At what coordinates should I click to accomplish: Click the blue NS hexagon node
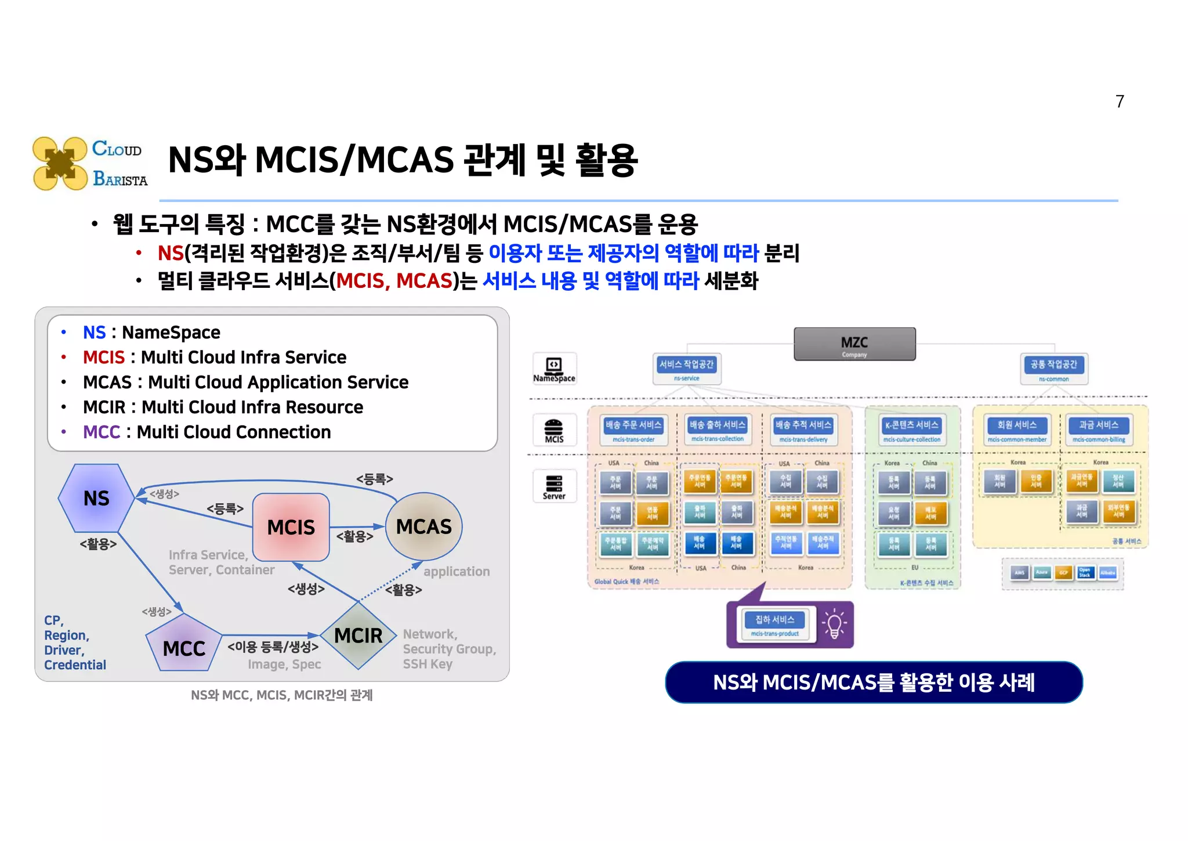click(x=96, y=498)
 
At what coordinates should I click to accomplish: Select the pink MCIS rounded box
click(x=291, y=527)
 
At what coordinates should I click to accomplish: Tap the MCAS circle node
click(x=423, y=526)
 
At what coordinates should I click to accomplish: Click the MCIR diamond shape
click(x=358, y=636)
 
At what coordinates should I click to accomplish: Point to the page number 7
click(x=1120, y=102)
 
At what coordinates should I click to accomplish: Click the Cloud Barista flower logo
click(x=60, y=164)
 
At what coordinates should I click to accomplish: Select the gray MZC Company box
click(x=854, y=344)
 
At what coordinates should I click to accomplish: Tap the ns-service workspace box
click(x=686, y=369)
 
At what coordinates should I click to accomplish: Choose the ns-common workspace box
click(x=1053, y=369)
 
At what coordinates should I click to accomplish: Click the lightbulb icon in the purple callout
click(x=834, y=624)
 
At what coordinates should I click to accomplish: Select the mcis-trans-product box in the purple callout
click(x=774, y=625)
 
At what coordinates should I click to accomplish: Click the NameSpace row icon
click(x=554, y=369)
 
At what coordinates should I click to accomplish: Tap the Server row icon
click(x=554, y=486)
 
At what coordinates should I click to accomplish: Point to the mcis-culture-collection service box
click(x=911, y=429)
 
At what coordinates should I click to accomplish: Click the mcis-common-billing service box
click(x=1098, y=429)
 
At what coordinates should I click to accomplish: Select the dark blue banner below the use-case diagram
click(x=873, y=682)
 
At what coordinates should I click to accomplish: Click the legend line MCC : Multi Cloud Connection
click(x=207, y=432)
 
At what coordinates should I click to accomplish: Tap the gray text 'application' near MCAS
click(x=457, y=571)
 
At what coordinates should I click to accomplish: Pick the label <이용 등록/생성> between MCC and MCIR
click(x=273, y=647)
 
